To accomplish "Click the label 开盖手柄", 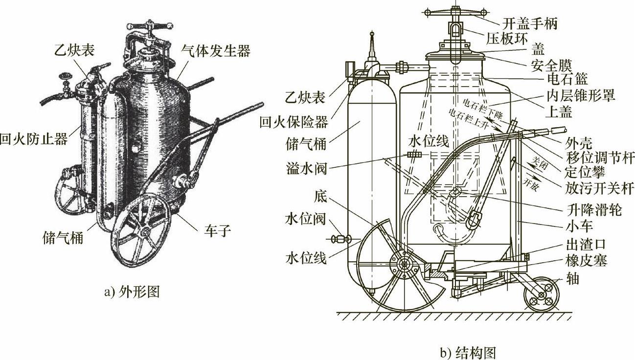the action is (529, 23).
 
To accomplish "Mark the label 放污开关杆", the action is (592, 189).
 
